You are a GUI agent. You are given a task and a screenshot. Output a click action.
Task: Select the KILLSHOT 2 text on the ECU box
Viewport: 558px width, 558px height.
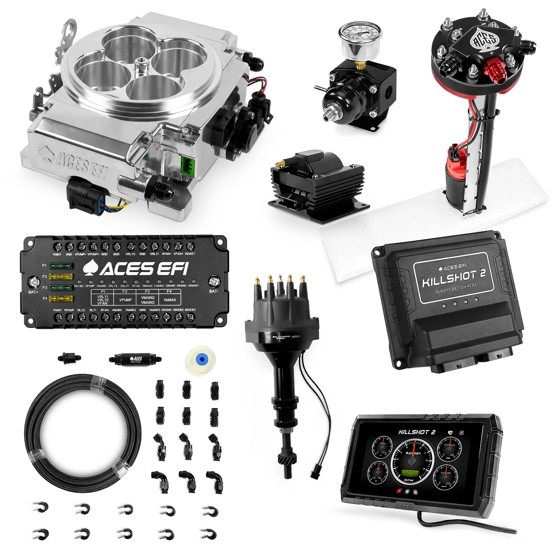[453, 278]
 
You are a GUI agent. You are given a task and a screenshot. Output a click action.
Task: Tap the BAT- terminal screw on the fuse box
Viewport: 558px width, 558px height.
[214, 281]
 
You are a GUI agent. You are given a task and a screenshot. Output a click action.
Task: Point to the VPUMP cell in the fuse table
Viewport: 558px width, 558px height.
[125, 300]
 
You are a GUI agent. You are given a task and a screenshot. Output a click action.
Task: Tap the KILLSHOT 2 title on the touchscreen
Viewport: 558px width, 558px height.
[417, 432]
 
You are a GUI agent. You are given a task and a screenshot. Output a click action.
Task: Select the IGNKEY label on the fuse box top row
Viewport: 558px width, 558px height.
[190, 254]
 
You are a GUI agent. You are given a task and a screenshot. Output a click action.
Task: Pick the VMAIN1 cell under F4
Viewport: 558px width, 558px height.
[169, 300]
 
